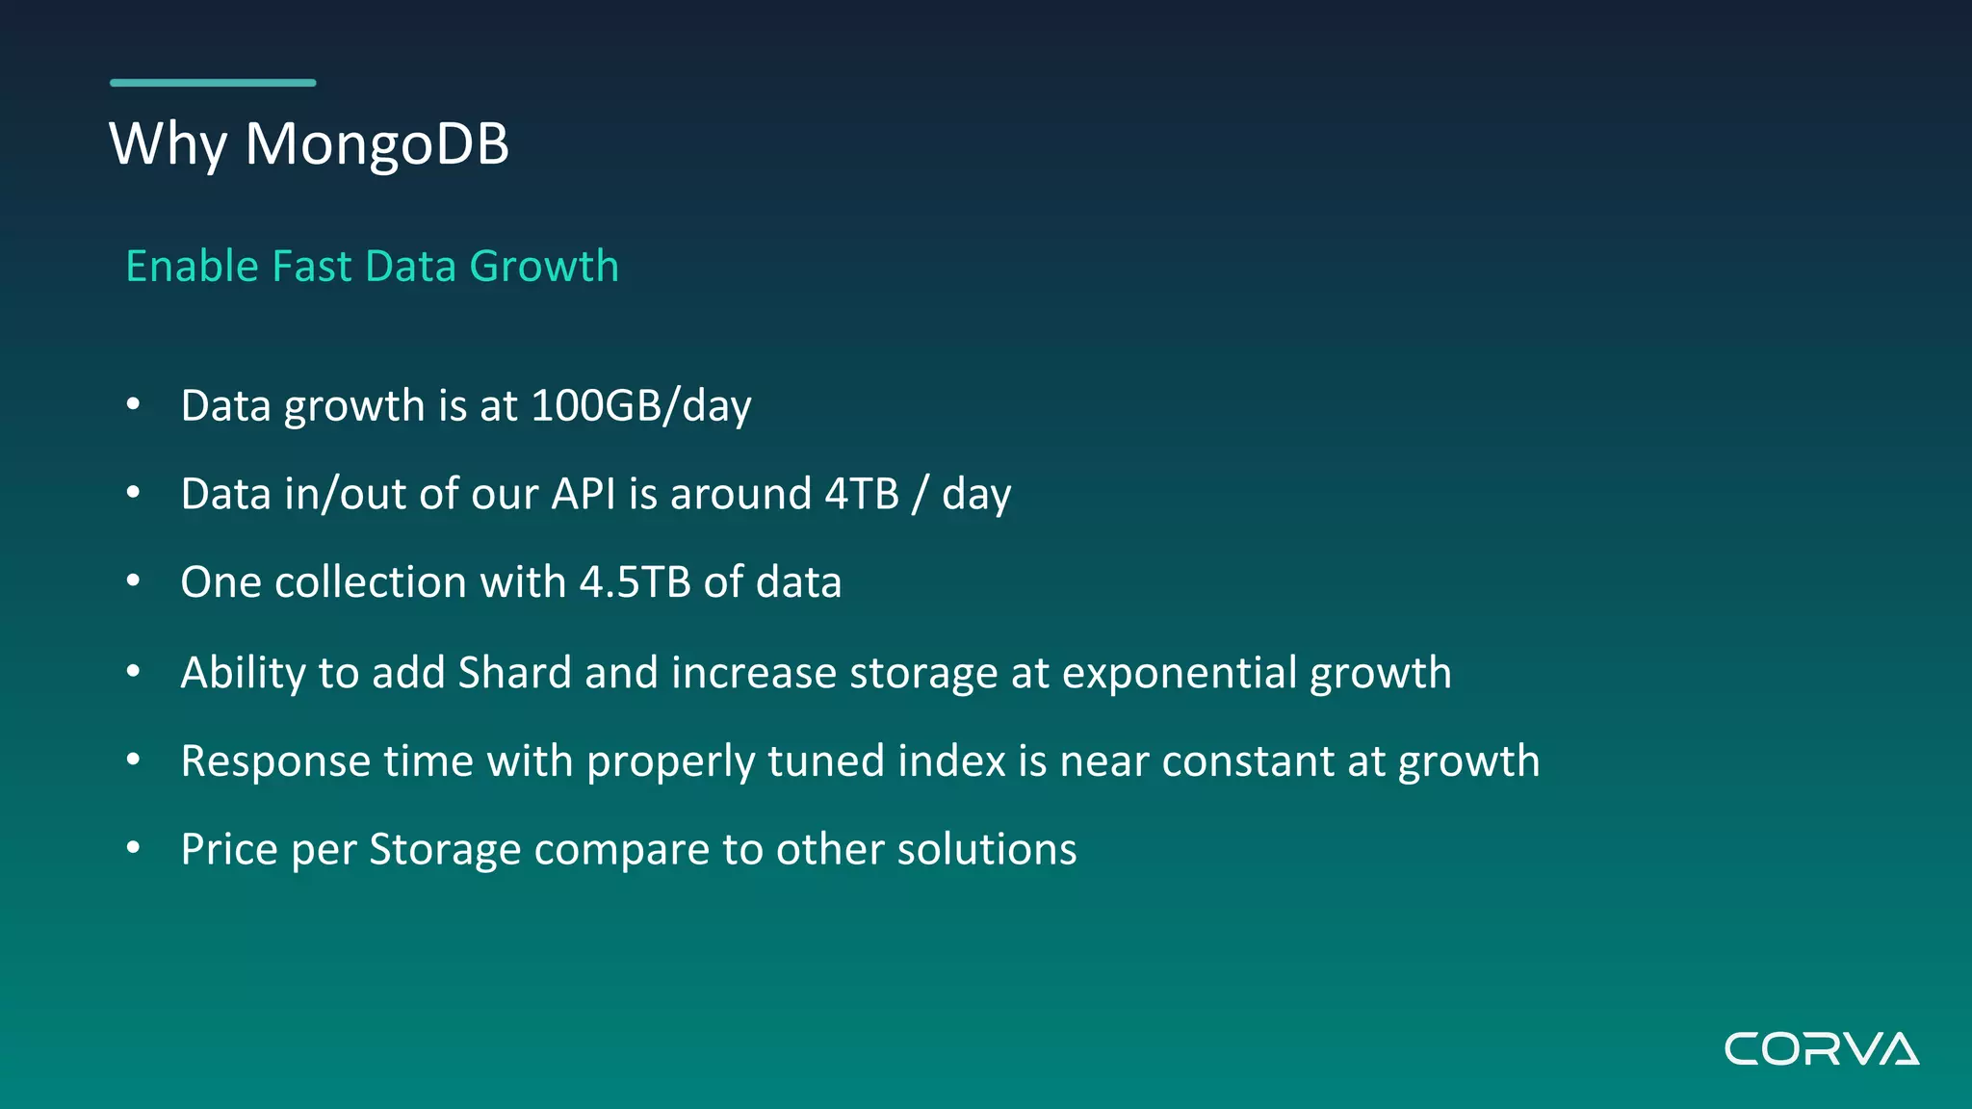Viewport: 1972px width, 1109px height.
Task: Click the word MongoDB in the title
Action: coord(376,144)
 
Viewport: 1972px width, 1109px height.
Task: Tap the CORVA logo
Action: coord(1821,1048)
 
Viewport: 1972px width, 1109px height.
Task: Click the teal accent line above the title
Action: coord(213,83)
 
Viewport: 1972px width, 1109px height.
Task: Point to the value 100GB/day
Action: coord(640,406)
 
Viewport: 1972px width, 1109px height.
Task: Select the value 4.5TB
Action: coord(635,582)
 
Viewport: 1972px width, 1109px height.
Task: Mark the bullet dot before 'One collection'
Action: coord(134,581)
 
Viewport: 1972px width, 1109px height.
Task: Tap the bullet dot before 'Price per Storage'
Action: coord(134,848)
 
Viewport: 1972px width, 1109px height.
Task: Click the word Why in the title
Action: coord(169,144)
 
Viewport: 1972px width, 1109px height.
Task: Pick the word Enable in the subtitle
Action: coord(193,267)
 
